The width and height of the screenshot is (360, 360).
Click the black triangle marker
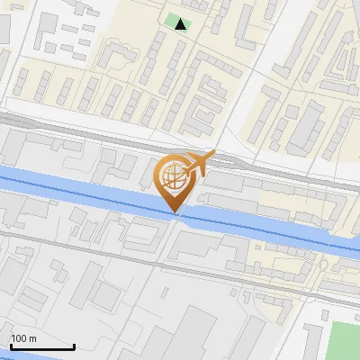pyautogui.click(x=182, y=24)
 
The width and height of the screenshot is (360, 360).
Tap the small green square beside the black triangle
pyautogui.click(x=172, y=20)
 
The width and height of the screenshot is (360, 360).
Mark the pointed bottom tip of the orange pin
pyautogui.click(x=175, y=213)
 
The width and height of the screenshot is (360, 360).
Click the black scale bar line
pyautogui.click(x=42, y=347)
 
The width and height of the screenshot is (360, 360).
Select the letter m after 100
pyautogui.click(x=32, y=338)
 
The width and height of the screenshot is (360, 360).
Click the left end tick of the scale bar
pyautogui.click(x=11, y=346)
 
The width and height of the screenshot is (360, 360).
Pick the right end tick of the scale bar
pyautogui.click(x=74, y=346)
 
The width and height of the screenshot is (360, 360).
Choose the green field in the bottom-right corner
pyautogui.click(x=344, y=340)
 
